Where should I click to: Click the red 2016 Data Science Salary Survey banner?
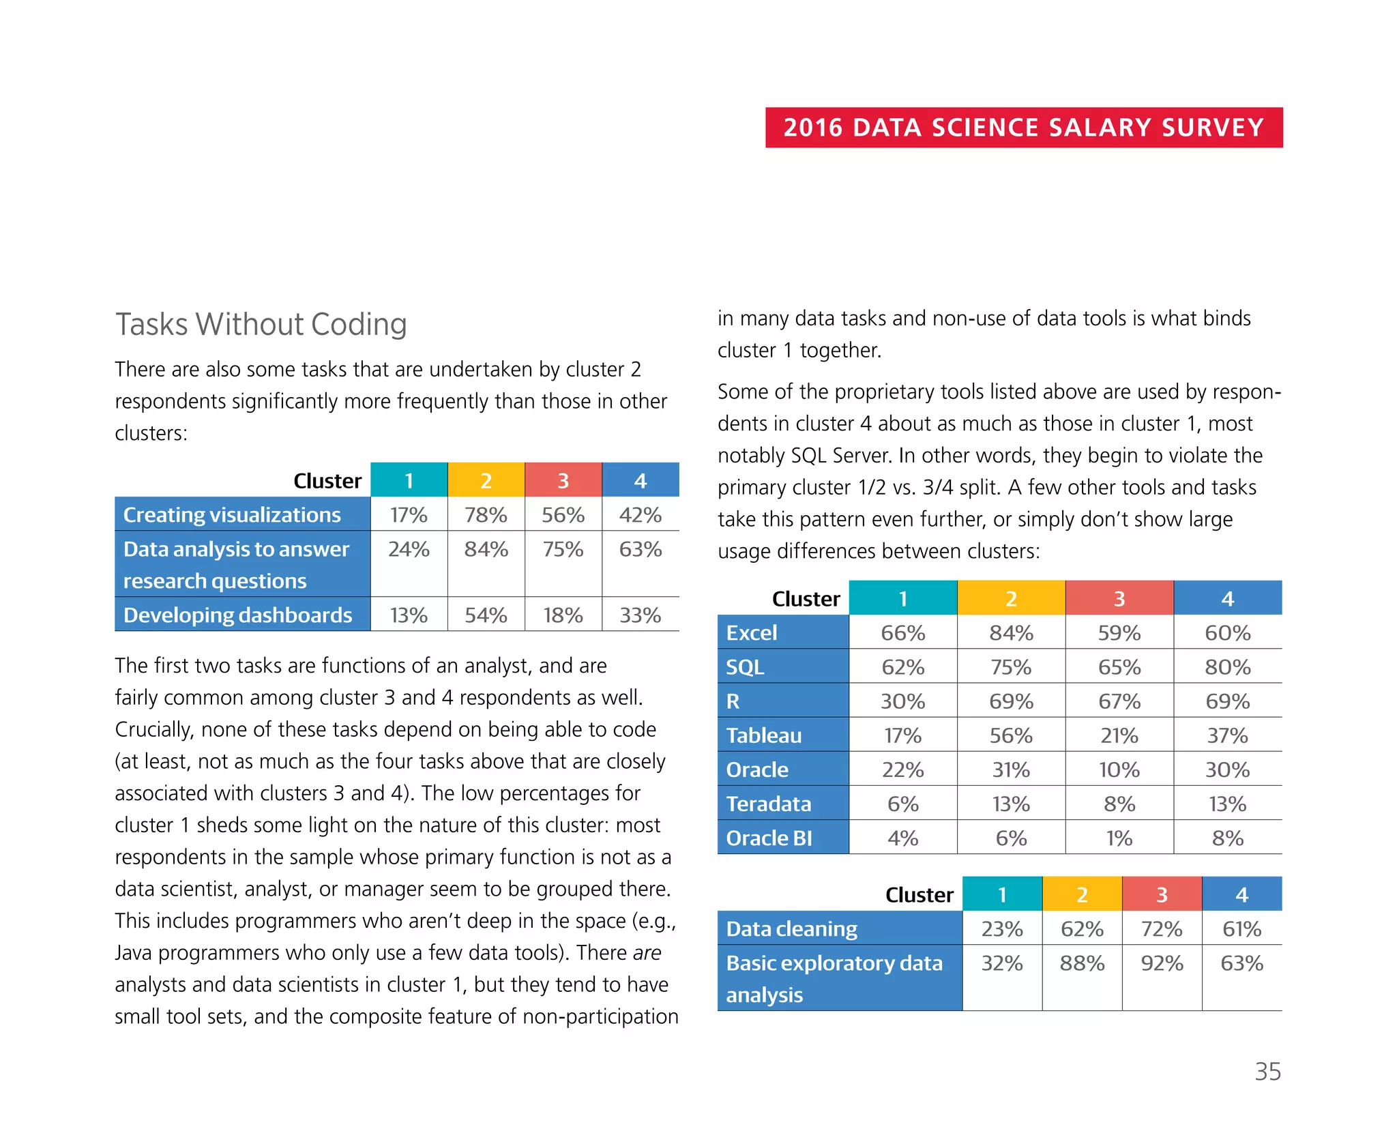1023,128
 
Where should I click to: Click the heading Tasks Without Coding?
261,324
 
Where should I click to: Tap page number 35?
1267,1072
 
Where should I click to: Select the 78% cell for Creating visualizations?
486,515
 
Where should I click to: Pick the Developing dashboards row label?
237,615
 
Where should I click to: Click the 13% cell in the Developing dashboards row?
409,615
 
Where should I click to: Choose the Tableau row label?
764,735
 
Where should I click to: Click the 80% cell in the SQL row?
1227,667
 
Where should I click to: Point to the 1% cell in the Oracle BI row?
1119,838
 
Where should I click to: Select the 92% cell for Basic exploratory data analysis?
1162,964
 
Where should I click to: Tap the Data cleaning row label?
791,929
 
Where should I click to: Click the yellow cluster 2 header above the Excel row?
1011,599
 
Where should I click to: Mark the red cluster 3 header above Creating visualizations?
563,481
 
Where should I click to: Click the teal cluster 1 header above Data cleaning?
1001,895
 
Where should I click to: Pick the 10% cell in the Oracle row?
1119,770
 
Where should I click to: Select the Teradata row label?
769,804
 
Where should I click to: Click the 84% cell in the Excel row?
1011,633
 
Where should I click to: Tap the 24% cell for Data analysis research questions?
409,550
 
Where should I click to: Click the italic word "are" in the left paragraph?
647,953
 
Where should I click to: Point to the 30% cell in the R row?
902,702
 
